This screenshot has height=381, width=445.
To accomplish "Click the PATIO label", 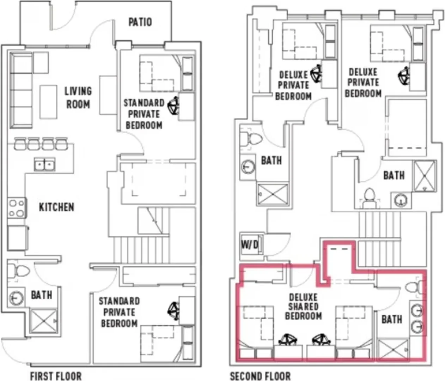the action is [140, 22].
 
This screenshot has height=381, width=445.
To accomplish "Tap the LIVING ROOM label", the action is [78, 98].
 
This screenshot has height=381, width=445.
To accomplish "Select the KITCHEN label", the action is [57, 207].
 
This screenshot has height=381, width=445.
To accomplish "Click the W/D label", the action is [250, 244].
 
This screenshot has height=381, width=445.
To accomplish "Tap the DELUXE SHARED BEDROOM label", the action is [304, 307].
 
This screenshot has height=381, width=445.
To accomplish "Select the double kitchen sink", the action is [45, 164].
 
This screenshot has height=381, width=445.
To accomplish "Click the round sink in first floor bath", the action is [16, 298].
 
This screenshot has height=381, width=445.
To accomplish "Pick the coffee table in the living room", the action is [48, 102].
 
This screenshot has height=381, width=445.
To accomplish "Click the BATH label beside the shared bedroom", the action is [392, 319].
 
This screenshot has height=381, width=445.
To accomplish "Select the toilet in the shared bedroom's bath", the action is [413, 287].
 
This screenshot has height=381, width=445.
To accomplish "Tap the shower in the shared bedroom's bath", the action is [393, 350].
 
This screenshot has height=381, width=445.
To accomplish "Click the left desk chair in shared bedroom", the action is [288, 340].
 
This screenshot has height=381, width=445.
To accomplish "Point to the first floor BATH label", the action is [42, 295].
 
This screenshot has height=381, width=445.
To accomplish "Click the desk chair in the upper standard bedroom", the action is [173, 105].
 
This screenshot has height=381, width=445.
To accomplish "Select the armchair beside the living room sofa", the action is [41, 63].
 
